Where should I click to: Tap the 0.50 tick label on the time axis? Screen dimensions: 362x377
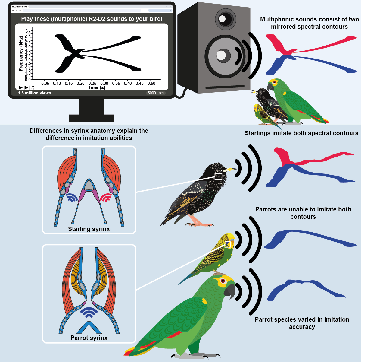pos(151,83)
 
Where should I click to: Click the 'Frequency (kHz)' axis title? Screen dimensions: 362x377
pos(21,54)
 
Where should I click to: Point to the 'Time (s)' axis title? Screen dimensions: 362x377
pos(97,87)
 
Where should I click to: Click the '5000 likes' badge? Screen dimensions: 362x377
pos(156,93)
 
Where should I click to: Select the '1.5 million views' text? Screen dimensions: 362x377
pos(34,93)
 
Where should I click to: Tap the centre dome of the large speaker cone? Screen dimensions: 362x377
pos(221,56)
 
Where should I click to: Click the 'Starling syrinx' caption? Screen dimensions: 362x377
pos(89,229)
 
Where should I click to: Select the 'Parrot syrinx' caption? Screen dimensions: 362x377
pos(89,338)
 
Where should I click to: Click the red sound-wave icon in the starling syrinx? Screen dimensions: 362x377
pos(106,198)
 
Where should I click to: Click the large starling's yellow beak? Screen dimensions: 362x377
pos(230,170)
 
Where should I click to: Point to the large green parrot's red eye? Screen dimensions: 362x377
pos(223,281)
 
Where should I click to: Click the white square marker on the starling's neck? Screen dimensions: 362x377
pos(218,177)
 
